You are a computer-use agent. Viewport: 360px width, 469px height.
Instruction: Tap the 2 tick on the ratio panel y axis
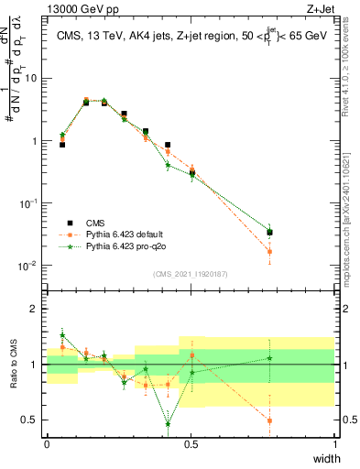[36, 309]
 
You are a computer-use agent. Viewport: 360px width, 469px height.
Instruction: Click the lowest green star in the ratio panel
[168, 424]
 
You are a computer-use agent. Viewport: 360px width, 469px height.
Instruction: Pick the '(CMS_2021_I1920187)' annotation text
[191, 274]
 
